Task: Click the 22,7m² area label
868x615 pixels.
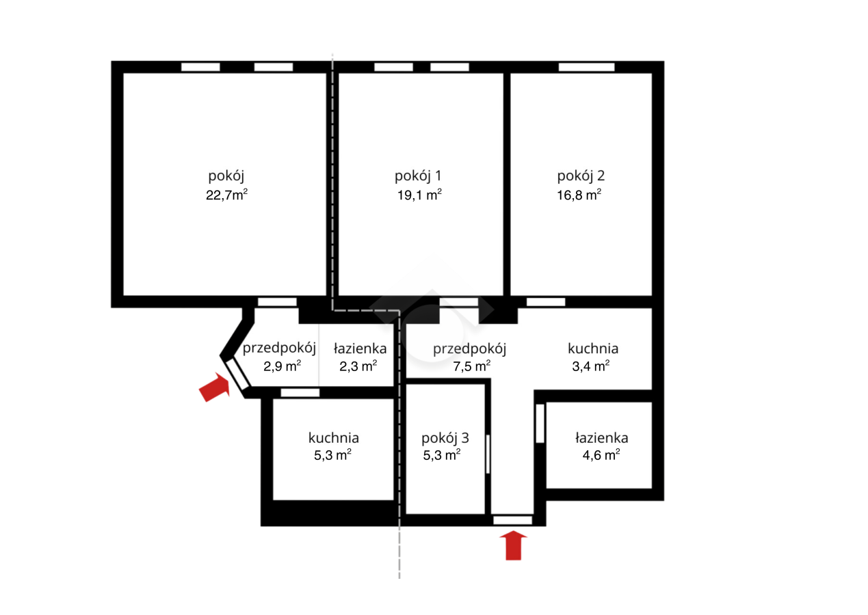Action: (226, 194)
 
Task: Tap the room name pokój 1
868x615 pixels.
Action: (418, 176)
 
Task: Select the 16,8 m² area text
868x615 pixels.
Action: (579, 194)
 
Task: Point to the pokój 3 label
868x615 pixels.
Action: (445, 438)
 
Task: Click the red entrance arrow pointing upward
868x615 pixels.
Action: (514, 546)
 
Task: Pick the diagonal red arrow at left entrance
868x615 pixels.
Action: (215, 387)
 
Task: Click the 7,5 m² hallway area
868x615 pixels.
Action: (471, 366)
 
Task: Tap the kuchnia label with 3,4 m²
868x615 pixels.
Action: (593, 348)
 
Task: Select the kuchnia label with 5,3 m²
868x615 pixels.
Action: (334, 438)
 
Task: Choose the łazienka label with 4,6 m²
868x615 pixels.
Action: (602, 438)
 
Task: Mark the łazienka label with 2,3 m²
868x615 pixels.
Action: (360, 348)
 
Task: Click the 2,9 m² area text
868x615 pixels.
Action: (282, 366)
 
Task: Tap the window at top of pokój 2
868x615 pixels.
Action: (586, 67)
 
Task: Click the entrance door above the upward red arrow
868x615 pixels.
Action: (513, 520)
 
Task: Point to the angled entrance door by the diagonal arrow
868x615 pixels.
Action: (237, 374)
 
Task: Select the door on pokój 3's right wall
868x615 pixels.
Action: (488, 454)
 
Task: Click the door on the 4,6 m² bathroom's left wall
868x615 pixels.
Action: (540, 424)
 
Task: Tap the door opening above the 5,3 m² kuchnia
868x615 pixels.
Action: (300, 393)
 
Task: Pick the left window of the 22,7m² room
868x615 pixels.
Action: (200, 67)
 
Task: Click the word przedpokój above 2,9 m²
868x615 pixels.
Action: (279, 348)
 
